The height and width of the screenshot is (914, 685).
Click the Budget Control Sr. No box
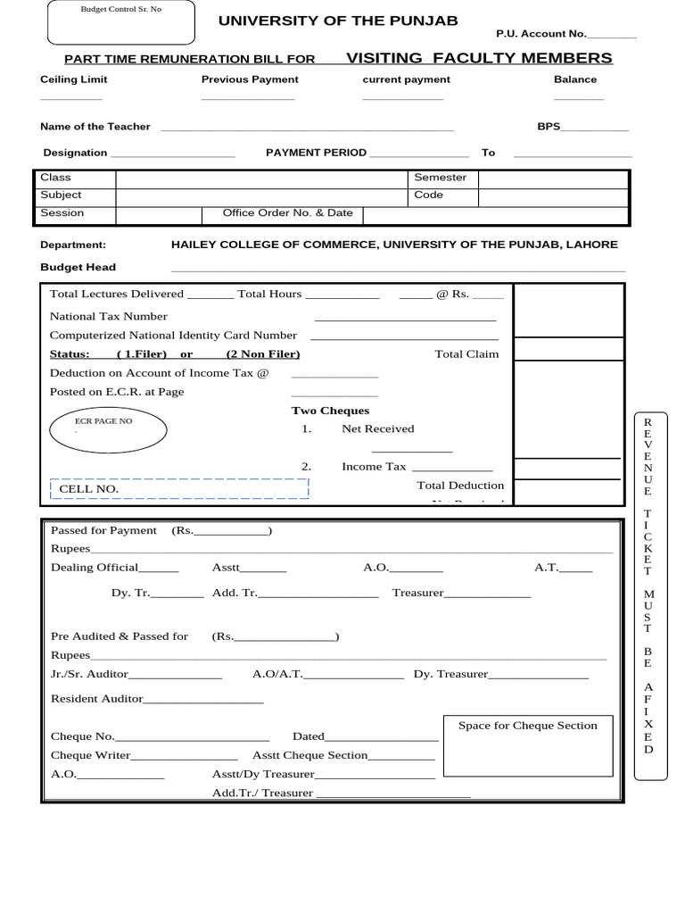(x=120, y=23)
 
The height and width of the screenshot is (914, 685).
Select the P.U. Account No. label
(x=541, y=34)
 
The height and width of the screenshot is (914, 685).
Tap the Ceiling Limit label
(x=74, y=79)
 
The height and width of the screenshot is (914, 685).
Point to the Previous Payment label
(x=250, y=79)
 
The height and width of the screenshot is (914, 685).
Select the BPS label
(x=549, y=127)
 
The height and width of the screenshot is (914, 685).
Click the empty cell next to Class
(x=261, y=178)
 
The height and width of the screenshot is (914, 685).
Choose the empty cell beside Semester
(x=553, y=178)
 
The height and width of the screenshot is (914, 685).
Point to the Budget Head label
(x=78, y=267)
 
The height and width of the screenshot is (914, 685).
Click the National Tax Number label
(x=109, y=316)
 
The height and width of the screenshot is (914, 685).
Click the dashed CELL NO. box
(x=177, y=488)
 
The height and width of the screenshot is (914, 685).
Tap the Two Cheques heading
(x=330, y=411)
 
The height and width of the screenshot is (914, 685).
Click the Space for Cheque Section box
(x=528, y=745)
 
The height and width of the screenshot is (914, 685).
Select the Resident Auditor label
(x=97, y=699)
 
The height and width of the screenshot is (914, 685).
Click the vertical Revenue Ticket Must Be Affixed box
(x=648, y=585)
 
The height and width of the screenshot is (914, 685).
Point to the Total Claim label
(x=466, y=354)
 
